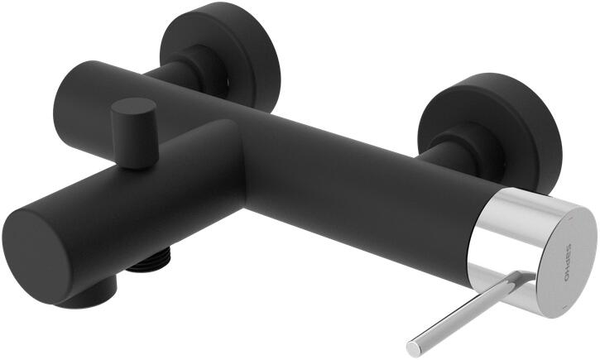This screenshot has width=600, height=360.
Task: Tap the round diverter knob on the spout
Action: point(134,132)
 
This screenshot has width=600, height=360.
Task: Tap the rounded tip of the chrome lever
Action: point(414,349)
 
